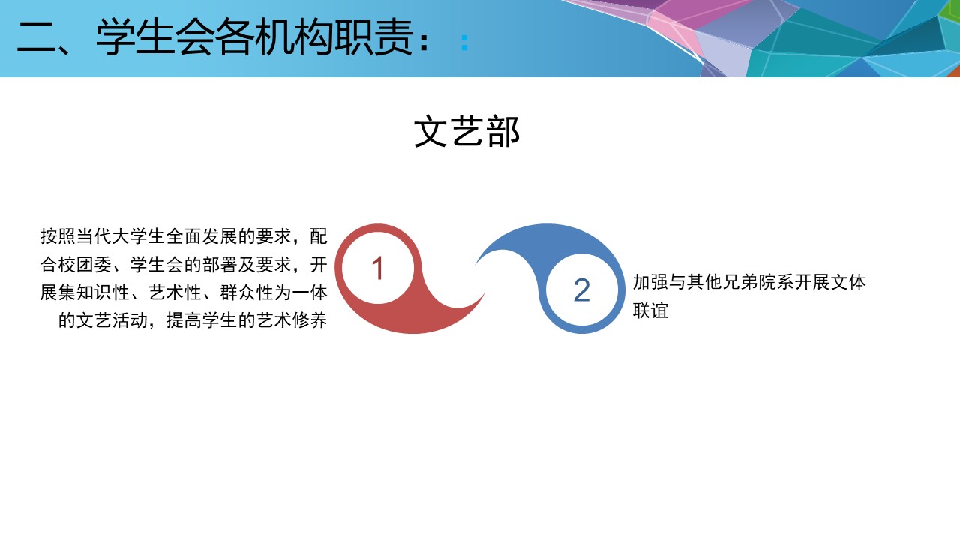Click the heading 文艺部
pos(466,131)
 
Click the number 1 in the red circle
pos(377,268)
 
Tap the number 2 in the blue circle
pos(581,290)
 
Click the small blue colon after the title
pos(464,43)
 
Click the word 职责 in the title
pos(373,37)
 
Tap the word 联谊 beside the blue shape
pos(650,310)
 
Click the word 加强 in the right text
pos(650,283)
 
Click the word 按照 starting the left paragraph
pos(58,236)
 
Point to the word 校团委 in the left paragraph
pos(85,265)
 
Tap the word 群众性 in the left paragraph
pos(247,292)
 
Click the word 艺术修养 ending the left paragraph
pos(292,320)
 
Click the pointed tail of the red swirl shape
pos(484,293)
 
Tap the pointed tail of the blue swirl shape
pos(475,263)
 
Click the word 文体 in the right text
pos(848,283)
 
